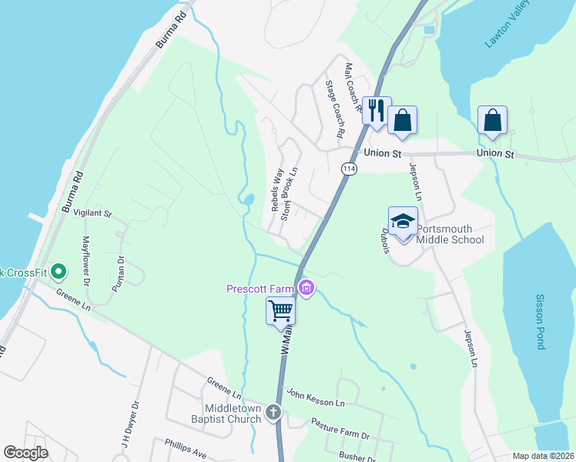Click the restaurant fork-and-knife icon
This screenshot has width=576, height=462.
(377, 111)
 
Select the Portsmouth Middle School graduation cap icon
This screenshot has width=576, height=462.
(403, 222)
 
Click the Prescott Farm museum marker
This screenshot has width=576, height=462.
(307, 290)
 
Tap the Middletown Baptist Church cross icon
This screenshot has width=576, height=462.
(273, 413)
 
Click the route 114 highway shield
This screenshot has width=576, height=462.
(350, 169)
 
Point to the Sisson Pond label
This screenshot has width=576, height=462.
(541, 322)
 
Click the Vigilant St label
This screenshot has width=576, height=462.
(98, 213)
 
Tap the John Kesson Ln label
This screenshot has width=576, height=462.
(315, 397)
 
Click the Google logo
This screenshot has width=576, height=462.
(26, 453)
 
